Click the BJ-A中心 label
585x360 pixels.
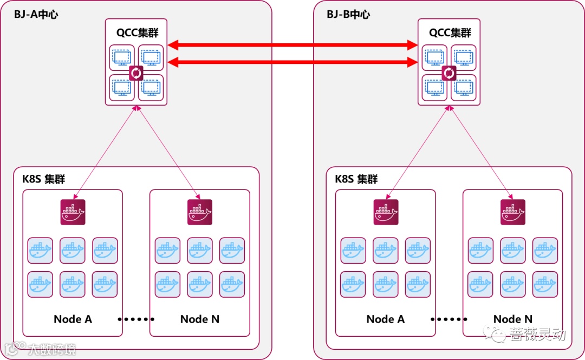click(36, 15)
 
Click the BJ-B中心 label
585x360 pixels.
click(348, 15)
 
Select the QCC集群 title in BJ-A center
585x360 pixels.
click(137, 32)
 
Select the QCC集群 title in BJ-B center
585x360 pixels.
click(450, 32)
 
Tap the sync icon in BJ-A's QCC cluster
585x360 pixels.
click(136, 73)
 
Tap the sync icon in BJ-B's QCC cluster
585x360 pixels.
click(449, 73)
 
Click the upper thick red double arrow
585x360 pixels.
click(292, 45)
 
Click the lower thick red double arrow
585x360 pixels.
click(292, 63)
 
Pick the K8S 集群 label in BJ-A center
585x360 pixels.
click(44, 179)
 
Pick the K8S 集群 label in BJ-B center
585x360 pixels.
click(356, 179)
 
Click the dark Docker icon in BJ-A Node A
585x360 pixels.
click(73, 212)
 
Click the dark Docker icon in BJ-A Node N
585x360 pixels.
click(200, 212)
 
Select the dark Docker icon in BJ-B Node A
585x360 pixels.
click(386, 212)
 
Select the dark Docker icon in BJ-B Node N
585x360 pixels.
click(512, 212)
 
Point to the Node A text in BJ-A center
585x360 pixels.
click(73, 319)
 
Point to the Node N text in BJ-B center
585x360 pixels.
click(512, 319)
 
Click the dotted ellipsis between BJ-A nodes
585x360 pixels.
click(136, 319)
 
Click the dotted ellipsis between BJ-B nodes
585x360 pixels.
click(448, 319)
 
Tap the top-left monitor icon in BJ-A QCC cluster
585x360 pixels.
click(122, 57)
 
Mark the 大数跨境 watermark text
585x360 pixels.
click(51, 349)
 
